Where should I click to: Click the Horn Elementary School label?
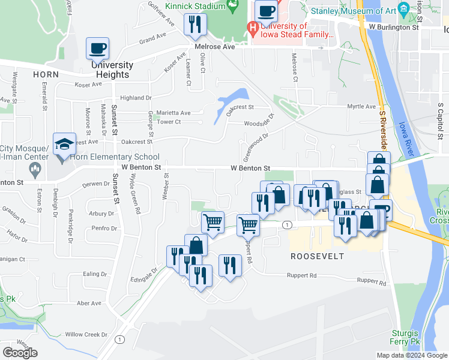click(x=115, y=157)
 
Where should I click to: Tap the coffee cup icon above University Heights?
click(x=97, y=49)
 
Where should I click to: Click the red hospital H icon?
click(x=253, y=28)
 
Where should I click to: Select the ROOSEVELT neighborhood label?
click(x=317, y=256)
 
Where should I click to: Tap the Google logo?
click(x=20, y=353)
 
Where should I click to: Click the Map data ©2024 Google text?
click(x=412, y=355)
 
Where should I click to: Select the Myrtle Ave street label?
click(x=361, y=107)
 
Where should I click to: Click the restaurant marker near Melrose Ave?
click(x=195, y=25)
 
